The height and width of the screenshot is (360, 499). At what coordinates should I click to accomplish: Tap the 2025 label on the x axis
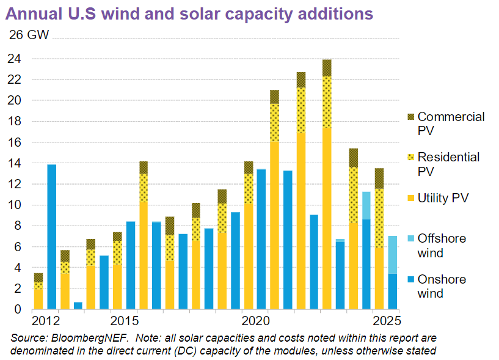[387, 321]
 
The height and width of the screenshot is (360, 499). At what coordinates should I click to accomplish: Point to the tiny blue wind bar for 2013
[78, 306]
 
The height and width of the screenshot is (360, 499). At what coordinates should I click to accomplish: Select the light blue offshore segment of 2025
[393, 254]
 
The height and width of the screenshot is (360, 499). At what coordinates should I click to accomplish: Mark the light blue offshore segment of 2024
[366, 205]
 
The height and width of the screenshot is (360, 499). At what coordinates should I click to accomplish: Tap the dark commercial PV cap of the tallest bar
[327, 68]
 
